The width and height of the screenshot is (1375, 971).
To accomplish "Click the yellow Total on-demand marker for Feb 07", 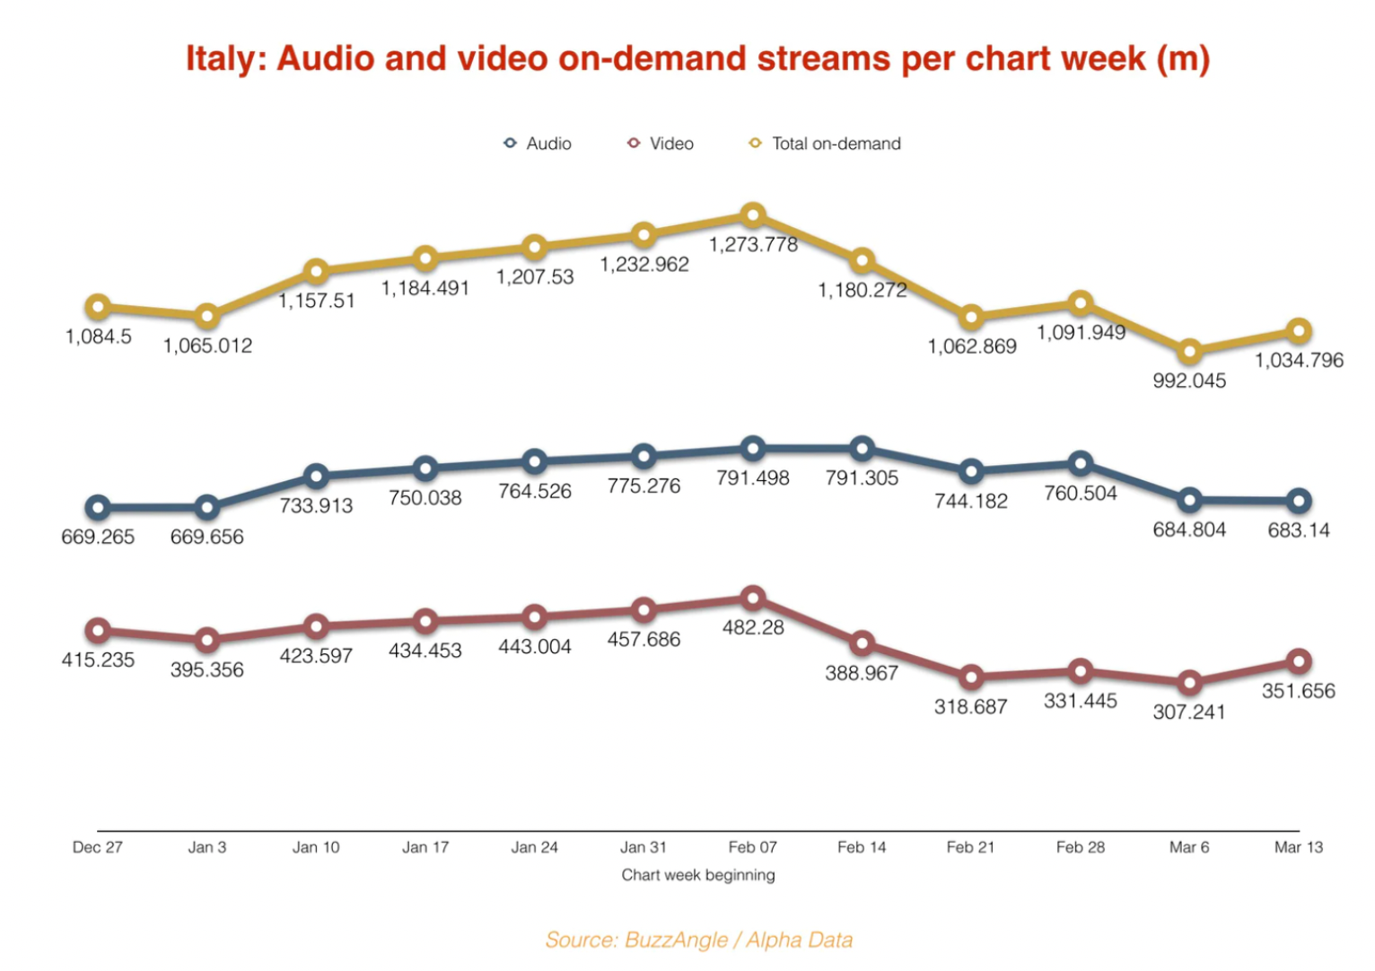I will (753, 215).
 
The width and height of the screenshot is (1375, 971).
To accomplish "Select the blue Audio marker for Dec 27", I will (98, 508).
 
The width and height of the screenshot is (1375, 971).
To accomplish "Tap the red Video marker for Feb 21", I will (970, 678).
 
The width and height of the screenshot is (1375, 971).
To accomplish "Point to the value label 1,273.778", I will (753, 245).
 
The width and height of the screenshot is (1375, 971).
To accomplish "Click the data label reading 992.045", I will (1189, 381).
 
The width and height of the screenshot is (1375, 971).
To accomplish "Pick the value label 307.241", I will (1189, 712).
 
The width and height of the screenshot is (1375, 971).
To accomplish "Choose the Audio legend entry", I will (538, 144).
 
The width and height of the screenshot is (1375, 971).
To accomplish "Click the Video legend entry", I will (661, 144).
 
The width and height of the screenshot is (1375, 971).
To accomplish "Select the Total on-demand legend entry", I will (826, 144).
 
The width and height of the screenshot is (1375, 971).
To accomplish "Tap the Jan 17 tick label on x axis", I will (425, 847).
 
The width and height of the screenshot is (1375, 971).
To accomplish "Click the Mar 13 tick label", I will (1298, 847).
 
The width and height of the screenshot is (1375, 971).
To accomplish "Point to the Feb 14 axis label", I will (862, 847).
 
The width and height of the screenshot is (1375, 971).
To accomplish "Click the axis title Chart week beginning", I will (698, 875).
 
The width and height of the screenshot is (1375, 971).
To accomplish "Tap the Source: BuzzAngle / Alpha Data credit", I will (698, 940).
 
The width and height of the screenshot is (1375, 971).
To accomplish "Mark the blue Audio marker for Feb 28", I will (1081, 464).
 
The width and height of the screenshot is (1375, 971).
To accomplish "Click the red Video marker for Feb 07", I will (753, 598).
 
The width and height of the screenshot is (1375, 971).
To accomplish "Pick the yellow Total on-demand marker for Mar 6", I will (1189, 352).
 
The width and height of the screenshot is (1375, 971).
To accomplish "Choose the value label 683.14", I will (1298, 530).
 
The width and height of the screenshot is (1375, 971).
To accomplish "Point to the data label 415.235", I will (98, 660).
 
